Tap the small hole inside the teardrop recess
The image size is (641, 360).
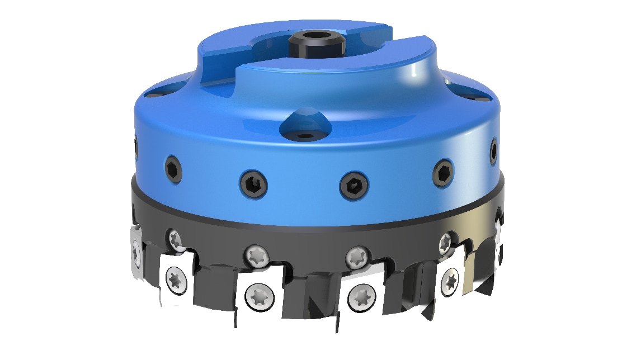pos(305,135)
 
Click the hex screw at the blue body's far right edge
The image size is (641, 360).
pos(493,150)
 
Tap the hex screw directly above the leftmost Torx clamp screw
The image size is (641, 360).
pos(172,169)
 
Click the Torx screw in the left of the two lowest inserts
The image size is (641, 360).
pos(258,296)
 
